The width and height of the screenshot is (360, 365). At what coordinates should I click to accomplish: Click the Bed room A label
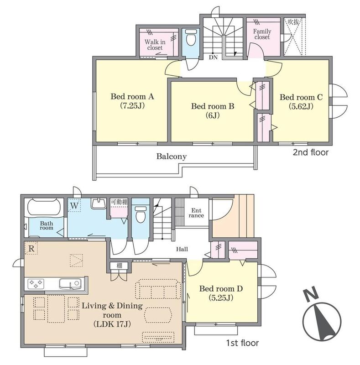132,101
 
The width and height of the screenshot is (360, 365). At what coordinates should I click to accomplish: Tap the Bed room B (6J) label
213,111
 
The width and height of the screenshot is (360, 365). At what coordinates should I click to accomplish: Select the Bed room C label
301,102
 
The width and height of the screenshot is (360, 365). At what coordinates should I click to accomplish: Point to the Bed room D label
221,293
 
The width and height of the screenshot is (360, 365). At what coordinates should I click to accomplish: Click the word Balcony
172,156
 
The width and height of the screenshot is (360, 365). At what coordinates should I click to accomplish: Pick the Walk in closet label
155,45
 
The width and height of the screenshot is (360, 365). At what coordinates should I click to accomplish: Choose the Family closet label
262,34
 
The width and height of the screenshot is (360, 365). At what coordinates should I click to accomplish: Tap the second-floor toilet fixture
191,38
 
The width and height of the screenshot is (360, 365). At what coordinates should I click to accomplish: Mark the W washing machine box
74,206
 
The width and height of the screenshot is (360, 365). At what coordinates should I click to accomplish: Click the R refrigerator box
31,248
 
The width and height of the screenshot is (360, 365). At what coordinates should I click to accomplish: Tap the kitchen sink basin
70,284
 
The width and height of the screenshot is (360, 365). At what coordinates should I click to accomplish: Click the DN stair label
213,57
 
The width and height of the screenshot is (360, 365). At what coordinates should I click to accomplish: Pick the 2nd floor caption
310,152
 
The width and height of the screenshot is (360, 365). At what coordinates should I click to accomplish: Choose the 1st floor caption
242,343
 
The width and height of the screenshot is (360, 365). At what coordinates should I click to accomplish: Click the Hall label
182,250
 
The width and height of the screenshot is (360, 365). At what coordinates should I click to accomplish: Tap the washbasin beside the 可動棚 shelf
99,203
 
